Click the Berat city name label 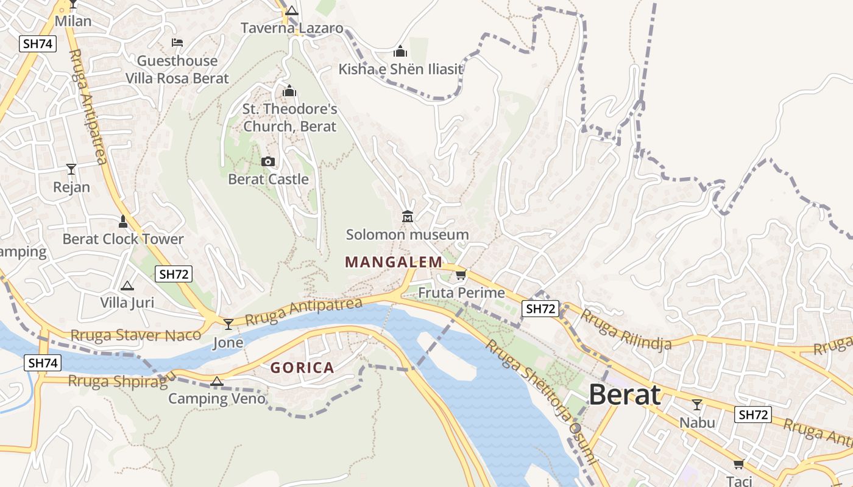click(625, 395)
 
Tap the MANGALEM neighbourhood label click(394, 262)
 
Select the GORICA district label click(302, 368)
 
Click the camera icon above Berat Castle click(268, 161)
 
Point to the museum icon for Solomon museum click(408, 216)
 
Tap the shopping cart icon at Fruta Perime click(461, 275)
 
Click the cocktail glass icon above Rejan click(71, 169)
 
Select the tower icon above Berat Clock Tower click(123, 221)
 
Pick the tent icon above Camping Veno click(216, 382)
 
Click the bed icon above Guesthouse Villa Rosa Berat click(177, 42)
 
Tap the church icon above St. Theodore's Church click(289, 91)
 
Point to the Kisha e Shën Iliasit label click(401, 69)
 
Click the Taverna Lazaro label click(292, 28)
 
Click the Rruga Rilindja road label click(625, 330)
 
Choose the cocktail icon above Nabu click(697, 404)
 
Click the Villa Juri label click(127, 302)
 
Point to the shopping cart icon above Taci click(739, 464)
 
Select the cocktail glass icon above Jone click(228, 324)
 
